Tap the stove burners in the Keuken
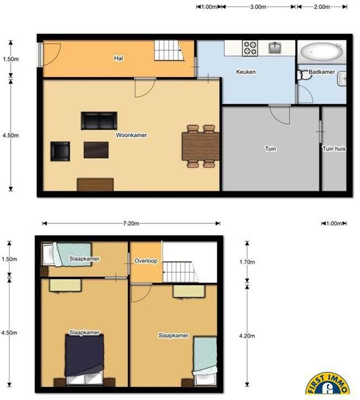(250, 48)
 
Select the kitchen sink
(275, 48)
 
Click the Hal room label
(119, 58)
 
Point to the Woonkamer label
(132, 135)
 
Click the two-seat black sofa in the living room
(99, 121)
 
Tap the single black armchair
(60, 152)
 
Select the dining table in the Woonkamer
(201, 146)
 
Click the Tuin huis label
(334, 148)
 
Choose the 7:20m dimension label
(131, 223)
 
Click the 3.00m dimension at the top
(258, 7)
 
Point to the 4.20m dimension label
(247, 336)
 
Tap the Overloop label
(146, 261)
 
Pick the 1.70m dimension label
(247, 262)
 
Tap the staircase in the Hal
(169, 51)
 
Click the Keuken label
(246, 72)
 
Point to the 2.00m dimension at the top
(322, 7)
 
